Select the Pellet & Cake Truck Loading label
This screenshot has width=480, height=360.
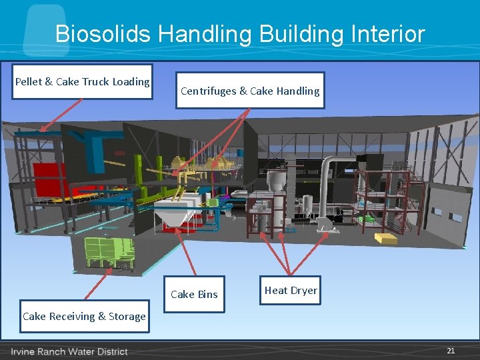click(x=82, y=81)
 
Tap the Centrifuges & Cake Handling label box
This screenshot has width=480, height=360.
click(x=250, y=91)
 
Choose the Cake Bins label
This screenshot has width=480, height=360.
click(x=194, y=294)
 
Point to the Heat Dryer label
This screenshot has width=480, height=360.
click(x=291, y=290)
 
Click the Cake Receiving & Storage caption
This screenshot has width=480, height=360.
click(x=84, y=316)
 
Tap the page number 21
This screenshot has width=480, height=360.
click(x=451, y=351)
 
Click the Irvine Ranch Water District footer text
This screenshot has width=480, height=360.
click(x=69, y=351)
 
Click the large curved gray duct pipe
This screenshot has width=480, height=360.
click(x=327, y=180)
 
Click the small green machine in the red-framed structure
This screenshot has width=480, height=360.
click(x=365, y=219)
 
